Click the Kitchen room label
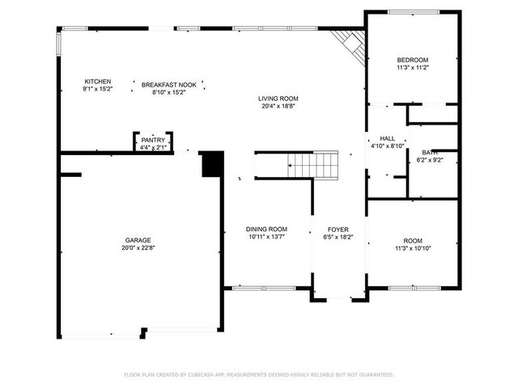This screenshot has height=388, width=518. click(x=98, y=82)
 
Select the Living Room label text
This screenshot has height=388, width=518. click(x=278, y=98)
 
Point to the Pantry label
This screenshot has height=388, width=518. click(x=152, y=139)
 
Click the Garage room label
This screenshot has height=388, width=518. click(x=138, y=240)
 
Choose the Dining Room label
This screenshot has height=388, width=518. click(x=266, y=230)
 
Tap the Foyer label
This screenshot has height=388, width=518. click(x=338, y=230)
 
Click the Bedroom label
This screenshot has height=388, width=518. click(x=412, y=61)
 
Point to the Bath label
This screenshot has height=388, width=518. click(x=430, y=152)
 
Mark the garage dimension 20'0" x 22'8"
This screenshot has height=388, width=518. click(x=138, y=249)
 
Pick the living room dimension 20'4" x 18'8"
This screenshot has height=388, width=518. click(x=278, y=106)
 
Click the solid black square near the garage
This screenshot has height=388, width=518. click(x=211, y=164)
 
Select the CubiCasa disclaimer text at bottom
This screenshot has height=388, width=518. click(x=259, y=374)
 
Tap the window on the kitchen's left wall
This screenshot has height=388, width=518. click(x=58, y=44)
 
